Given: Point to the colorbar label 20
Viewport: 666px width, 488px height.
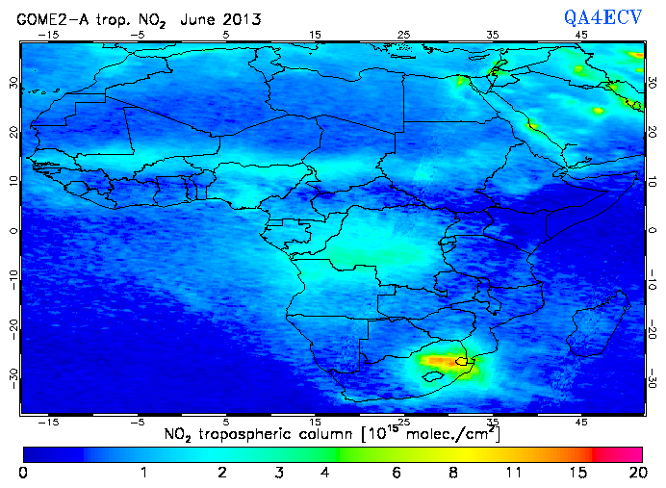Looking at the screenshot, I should [x=634, y=473].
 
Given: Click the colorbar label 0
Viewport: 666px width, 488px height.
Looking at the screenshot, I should [x=22, y=473].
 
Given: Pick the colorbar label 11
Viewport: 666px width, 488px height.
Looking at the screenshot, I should [x=514, y=473].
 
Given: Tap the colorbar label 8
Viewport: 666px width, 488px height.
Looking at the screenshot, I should [x=453, y=473].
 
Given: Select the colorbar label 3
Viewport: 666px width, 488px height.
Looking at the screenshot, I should [x=277, y=473].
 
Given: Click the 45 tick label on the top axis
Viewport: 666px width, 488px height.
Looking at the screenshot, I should [x=581, y=34].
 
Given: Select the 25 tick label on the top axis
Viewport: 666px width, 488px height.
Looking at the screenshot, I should [x=403, y=34].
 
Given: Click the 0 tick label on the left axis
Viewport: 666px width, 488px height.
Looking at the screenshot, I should [x=13, y=231].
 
